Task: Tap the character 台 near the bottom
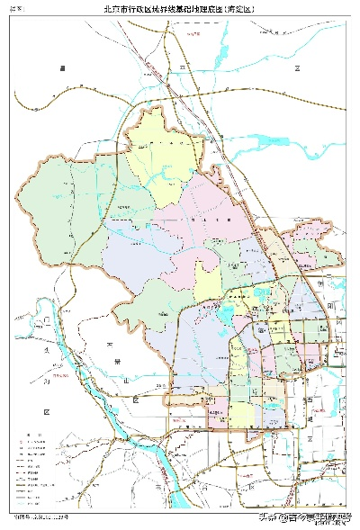205,487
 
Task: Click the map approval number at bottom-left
40,518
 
